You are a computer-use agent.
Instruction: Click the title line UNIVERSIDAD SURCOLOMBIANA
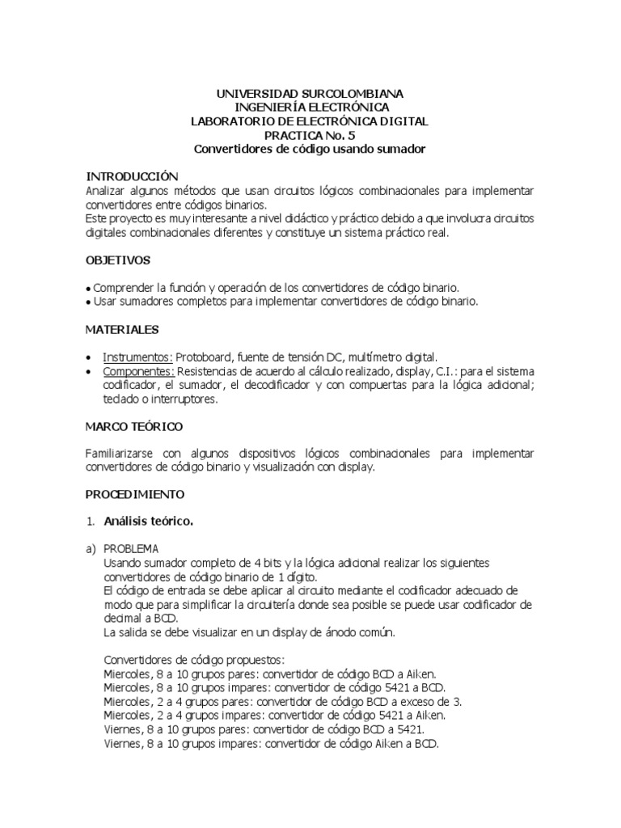tap(310, 94)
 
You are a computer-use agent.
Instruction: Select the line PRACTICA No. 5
tap(310, 135)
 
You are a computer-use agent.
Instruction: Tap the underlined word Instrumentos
tap(137, 357)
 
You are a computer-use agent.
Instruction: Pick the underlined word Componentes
tap(139, 370)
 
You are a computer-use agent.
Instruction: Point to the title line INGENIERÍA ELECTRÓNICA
tap(311, 108)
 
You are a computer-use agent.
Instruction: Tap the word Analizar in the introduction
tap(107, 190)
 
